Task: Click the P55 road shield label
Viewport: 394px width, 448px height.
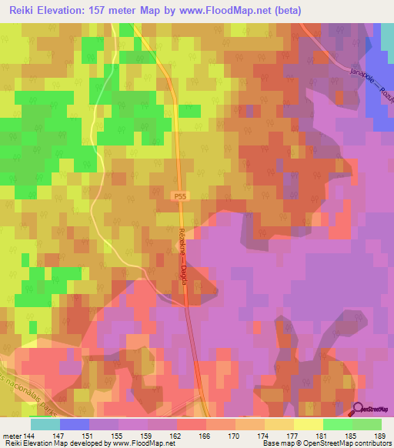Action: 179,197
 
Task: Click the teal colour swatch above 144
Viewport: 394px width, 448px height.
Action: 45,424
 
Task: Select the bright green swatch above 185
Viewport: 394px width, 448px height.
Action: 337,424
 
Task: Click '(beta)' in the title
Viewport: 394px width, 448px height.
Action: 285,10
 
